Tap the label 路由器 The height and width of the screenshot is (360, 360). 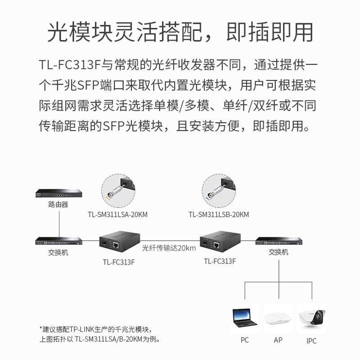(58, 205)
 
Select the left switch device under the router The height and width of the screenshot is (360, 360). (58, 241)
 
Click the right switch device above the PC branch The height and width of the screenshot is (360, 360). (278, 241)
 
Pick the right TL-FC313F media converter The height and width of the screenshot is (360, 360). (219, 243)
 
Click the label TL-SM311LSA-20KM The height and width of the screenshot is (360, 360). (117, 214)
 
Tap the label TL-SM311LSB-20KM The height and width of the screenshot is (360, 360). (219, 214)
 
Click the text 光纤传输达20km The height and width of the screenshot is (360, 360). (169, 248)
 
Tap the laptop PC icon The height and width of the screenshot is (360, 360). (245, 318)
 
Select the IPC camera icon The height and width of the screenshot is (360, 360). (311, 318)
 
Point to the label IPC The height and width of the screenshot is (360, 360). (311, 341)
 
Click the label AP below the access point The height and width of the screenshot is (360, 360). (278, 340)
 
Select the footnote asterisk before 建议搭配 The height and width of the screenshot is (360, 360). (40, 328)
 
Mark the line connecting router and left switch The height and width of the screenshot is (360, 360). (58, 223)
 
